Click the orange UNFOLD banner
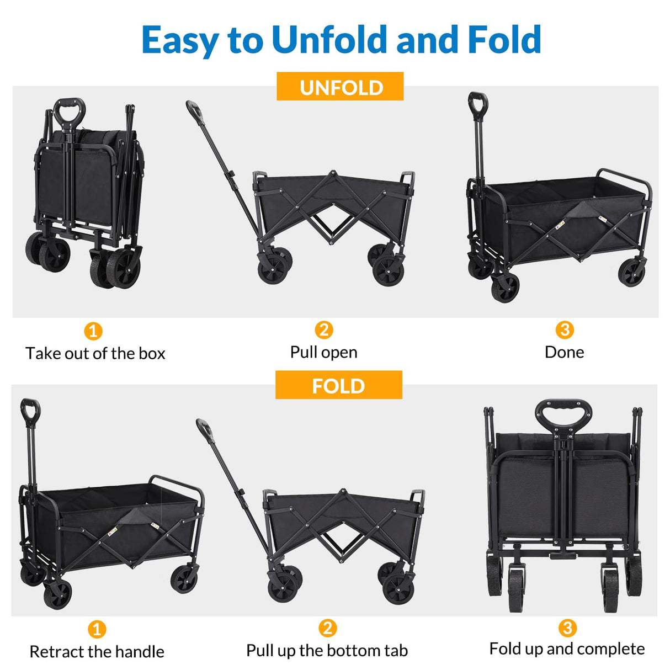point(340,87)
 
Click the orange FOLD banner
point(338,385)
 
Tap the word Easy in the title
point(180,40)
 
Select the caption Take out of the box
point(95,353)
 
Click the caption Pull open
point(323,352)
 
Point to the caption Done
point(563,352)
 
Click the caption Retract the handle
point(97,651)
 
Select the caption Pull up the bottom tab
point(327,650)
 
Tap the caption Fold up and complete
point(567,648)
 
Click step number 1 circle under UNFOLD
point(93,331)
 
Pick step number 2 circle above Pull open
point(324,329)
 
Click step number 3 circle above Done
point(564,329)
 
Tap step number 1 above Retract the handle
point(97,629)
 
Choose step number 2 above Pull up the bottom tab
point(327,628)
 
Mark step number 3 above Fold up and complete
point(567,628)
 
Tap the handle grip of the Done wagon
point(477,103)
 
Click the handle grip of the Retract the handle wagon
point(30,410)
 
